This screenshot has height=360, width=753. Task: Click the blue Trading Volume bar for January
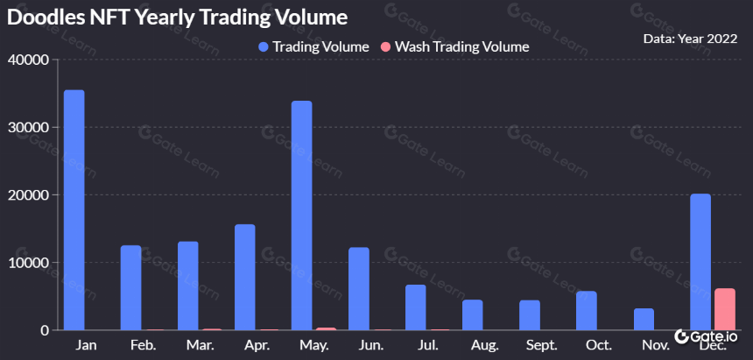[74, 210]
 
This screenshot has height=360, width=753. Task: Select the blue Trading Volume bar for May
[301, 215]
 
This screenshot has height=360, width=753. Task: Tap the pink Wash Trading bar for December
[725, 309]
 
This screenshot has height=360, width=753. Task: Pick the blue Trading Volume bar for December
[700, 262]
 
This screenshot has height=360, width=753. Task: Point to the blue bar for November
[644, 319]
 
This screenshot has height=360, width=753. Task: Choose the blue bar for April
[245, 278]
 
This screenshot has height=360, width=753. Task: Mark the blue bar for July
[415, 307]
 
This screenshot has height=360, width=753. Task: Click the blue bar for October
[587, 310]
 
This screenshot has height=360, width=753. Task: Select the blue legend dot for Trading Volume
[264, 46]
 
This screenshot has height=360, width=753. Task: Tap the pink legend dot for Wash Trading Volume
[386, 46]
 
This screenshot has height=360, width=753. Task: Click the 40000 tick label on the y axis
[29, 60]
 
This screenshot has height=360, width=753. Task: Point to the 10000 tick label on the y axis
[29, 263]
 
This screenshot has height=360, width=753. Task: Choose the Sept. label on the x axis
[542, 345]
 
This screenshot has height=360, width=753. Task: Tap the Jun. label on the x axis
[371, 345]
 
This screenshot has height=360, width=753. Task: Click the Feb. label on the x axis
[143, 345]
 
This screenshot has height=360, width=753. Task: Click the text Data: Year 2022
[690, 39]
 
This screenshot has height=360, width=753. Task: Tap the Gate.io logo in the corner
[706, 336]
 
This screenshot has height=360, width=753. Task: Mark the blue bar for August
[473, 314]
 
